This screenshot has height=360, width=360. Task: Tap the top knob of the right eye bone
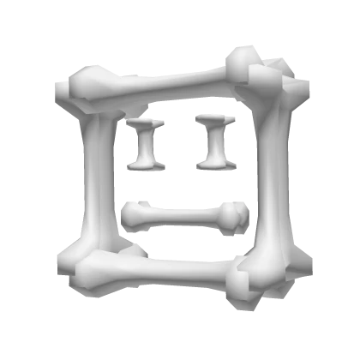click(x=211, y=120)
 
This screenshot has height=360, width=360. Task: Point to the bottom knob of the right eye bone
click(x=213, y=160)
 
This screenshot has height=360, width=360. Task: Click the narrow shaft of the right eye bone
click(x=213, y=141)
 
